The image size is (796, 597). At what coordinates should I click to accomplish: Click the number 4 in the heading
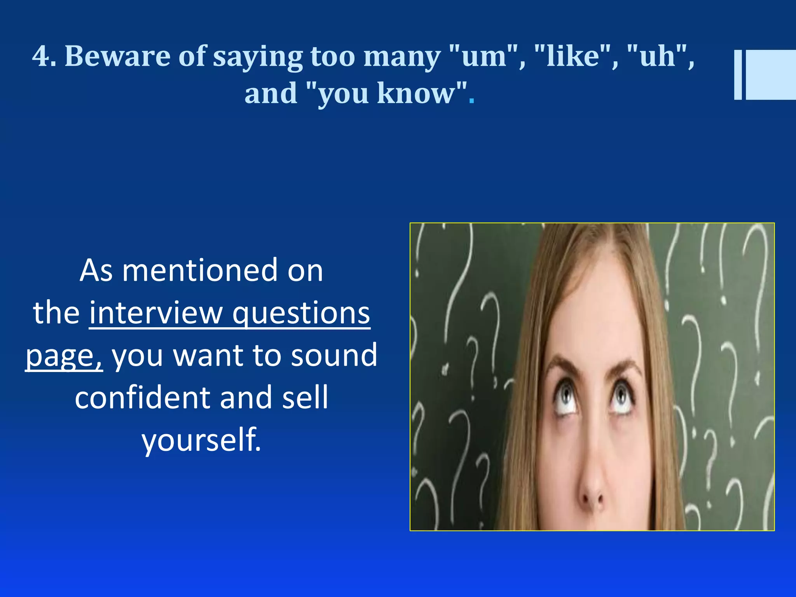40,56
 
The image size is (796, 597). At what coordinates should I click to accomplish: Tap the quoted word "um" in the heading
484,56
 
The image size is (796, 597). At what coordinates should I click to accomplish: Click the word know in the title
416,93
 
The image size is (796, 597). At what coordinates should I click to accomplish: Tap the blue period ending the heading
471,102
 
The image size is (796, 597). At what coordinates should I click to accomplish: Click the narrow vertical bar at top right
738,75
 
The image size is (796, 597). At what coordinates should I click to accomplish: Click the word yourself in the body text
201,440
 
